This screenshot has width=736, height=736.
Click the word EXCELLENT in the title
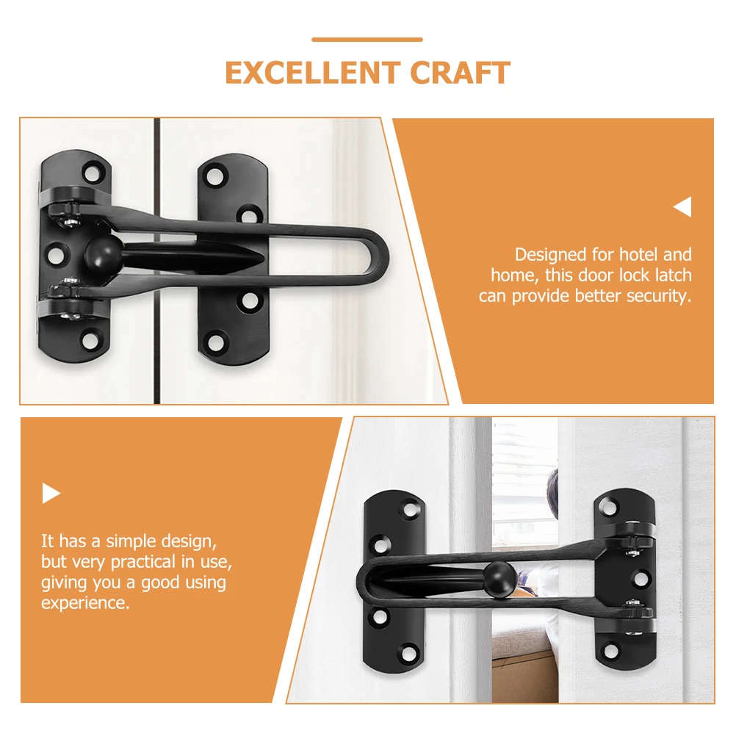(312, 73)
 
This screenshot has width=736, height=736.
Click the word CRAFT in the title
(460, 73)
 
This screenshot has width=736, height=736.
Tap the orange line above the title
(367, 40)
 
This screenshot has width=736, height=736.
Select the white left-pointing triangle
(682, 208)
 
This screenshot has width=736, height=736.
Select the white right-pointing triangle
(51, 493)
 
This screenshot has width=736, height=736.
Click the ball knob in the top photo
(96, 253)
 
